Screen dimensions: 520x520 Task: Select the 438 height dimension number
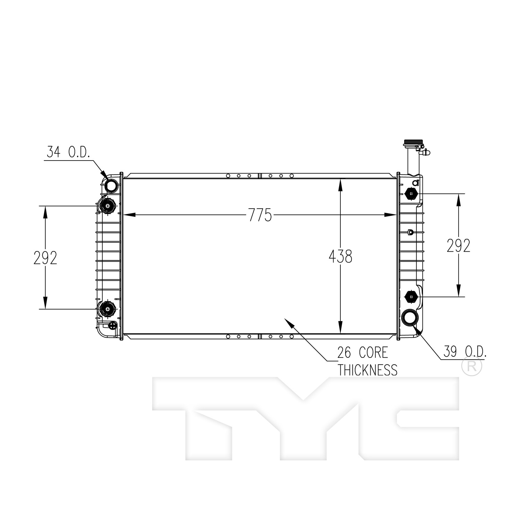pos(340,257)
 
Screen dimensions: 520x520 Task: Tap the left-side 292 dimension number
pos(45,258)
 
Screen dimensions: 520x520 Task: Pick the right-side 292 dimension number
pos(458,246)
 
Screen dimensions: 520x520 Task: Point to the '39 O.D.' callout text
pos(465,352)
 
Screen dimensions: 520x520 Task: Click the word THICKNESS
pos(367,370)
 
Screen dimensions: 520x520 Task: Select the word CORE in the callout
pos(373,353)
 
